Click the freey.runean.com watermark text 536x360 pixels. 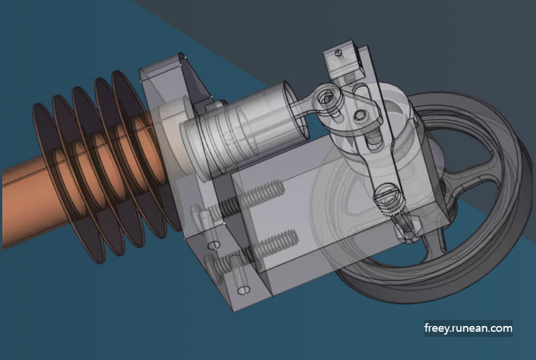pyautogui.click(x=468, y=328)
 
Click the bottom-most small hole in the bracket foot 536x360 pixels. pyautogui.click(x=244, y=289)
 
